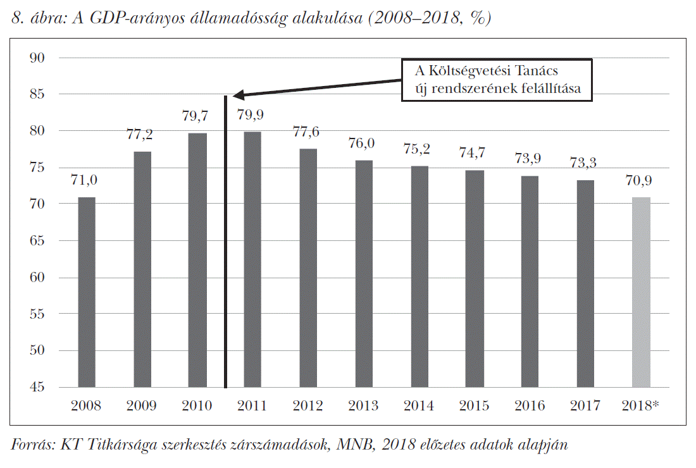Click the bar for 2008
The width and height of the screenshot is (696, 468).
click(x=87, y=292)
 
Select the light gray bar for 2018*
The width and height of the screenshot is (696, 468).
click(x=641, y=292)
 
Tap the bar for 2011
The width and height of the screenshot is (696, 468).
click(x=252, y=259)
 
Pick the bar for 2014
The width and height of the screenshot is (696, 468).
click(x=419, y=276)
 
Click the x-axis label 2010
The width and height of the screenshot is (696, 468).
click(x=197, y=406)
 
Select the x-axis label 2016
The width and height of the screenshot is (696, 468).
click(x=530, y=406)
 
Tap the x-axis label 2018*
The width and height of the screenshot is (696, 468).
click(x=641, y=406)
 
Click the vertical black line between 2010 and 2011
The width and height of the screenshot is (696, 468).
click(x=225, y=253)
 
